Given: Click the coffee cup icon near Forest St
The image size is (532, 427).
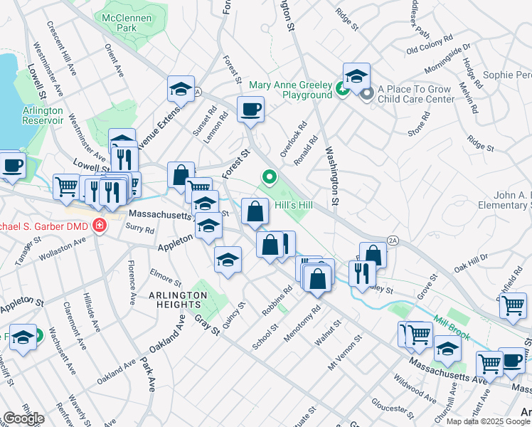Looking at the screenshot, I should [x=250, y=110].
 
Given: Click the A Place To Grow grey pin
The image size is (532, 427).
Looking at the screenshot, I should [x=367, y=93].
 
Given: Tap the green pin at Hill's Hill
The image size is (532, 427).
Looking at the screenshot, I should [x=270, y=176].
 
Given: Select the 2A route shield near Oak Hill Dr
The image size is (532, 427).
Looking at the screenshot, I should [x=391, y=241].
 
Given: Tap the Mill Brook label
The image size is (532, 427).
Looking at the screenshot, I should [x=452, y=322].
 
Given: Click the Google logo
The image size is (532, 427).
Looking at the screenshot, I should [x=23, y=418].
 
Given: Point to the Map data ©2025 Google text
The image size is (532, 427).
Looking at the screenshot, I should [x=487, y=421].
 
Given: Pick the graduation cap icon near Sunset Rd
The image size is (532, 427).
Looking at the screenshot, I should [x=181, y=89].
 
